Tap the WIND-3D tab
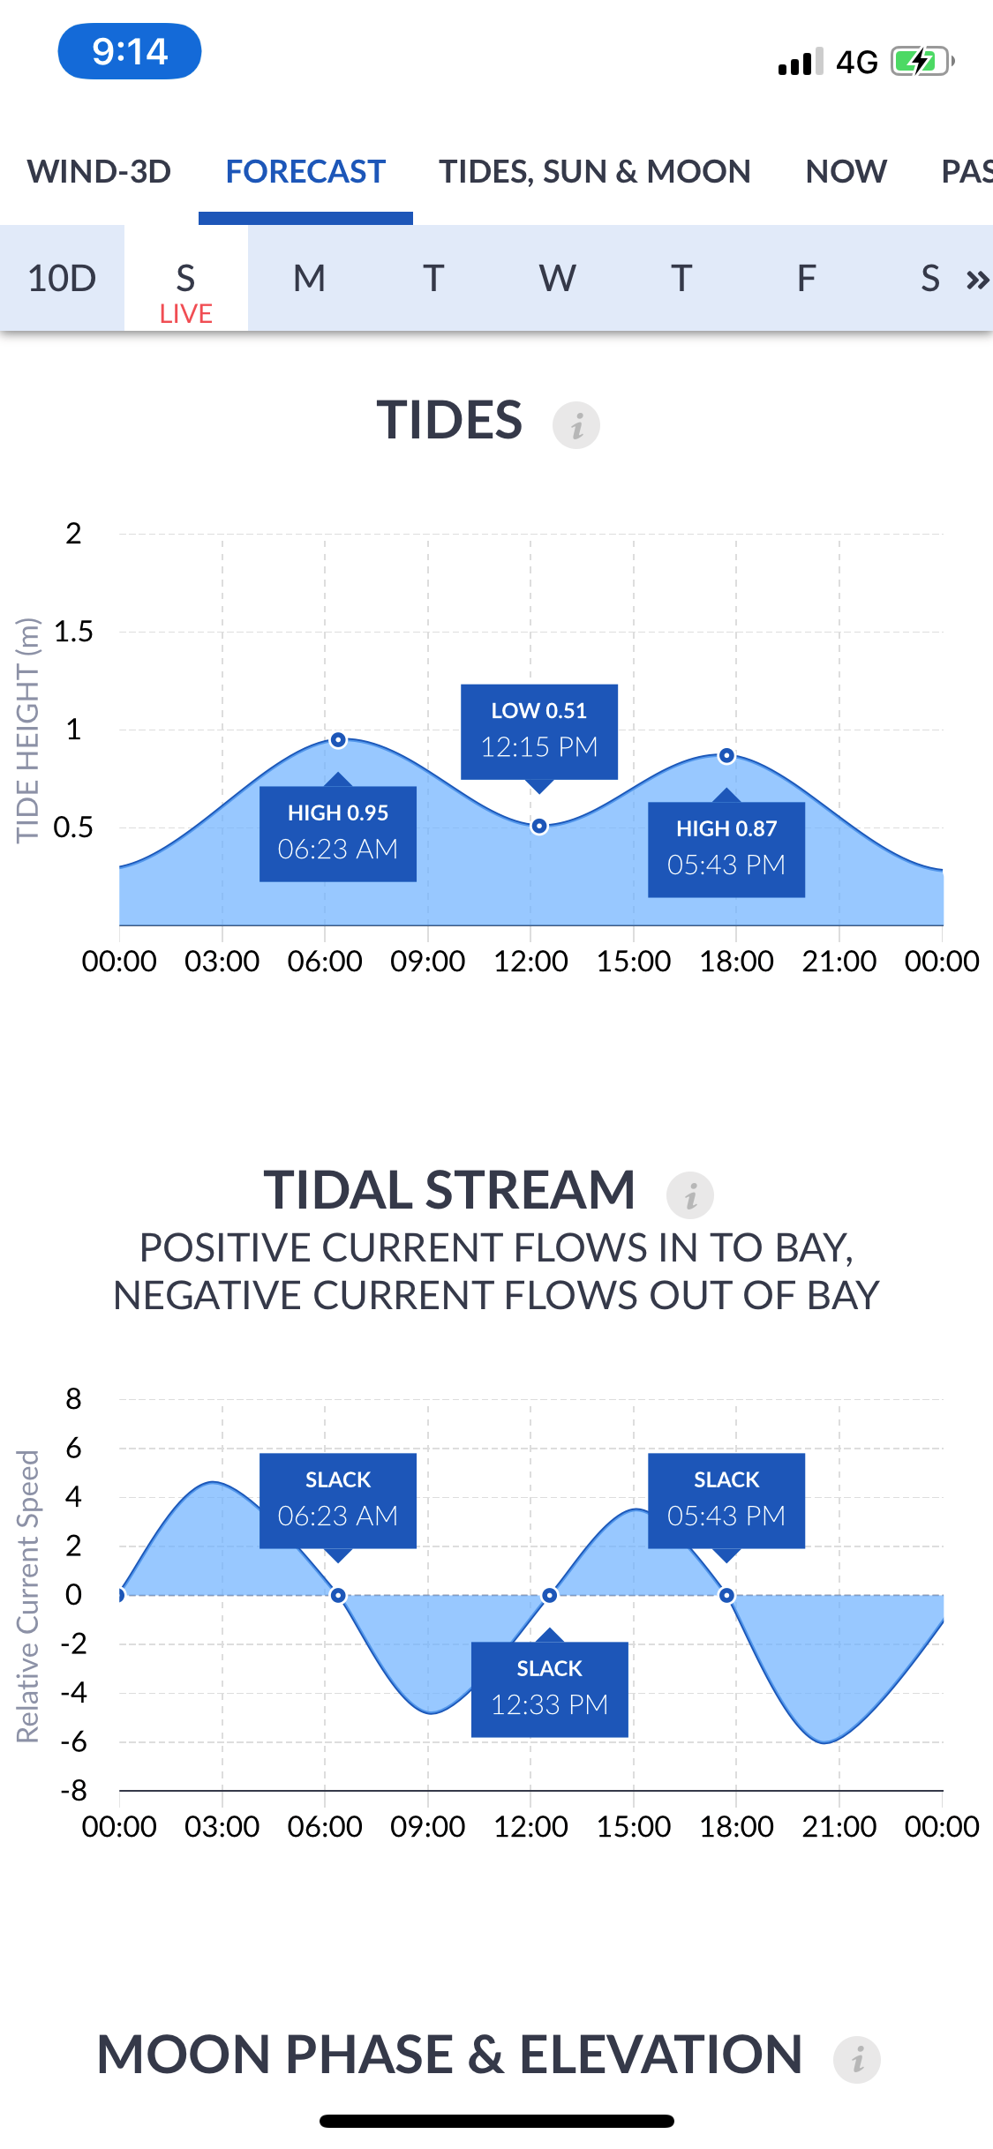click(x=99, y=171)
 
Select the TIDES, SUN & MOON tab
click(x=595, y=171)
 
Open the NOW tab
click(x=846, y=171)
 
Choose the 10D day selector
click(x=62, y=278)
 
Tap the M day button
click(x=310, y=278)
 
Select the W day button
click(x=558, y=278)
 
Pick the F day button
click(x=806, y=278)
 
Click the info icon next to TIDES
click(x=576, y=425)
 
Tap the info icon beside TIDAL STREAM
click(x=690, y=1195)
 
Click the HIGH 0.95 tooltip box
click(x=338, y=833)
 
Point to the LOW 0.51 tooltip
click(x=539, y=731)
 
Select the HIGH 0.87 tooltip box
click(x=726, y=849)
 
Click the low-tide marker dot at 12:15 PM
click(x=539, y=827)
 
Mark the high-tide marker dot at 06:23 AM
click(x=338, y=740)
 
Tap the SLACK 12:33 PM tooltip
click(x=550, y=1688)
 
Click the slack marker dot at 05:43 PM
click(x=726, y=1595)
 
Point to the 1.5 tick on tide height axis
click(x=73, y=632)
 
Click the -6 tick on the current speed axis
click(x=74, y=1741)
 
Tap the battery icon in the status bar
click(x=922, y=62)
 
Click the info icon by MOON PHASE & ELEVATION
click(x=857, y=2060)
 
